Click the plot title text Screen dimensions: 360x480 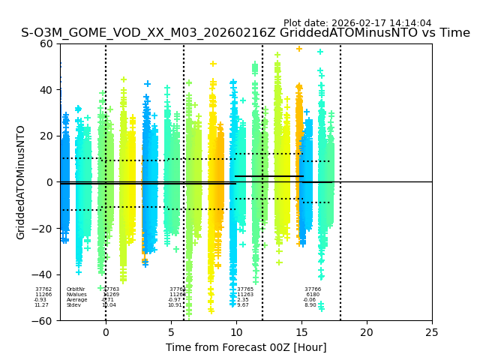(x=245, y=33)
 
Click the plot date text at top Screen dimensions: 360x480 (x=357, y=23)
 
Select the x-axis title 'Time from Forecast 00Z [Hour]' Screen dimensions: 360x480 (x=246, y=347)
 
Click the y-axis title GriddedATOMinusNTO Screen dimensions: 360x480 (x=21, y=182)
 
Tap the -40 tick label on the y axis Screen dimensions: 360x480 (x=43, y=274)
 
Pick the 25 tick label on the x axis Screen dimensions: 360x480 (x=432, y=332)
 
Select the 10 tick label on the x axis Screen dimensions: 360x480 (x=236, y=332)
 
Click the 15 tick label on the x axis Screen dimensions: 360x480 (x=301, y=332)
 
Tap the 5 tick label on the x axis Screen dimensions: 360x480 (x=171, y=332)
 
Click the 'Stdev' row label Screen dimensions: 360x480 (x=73, y=305)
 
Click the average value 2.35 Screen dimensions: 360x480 (x=243, y=300)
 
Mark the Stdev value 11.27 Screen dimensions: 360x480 (x=41, y=305)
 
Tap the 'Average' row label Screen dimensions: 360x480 (x=76, y=300)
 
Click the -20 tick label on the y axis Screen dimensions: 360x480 (x=43, y=229)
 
